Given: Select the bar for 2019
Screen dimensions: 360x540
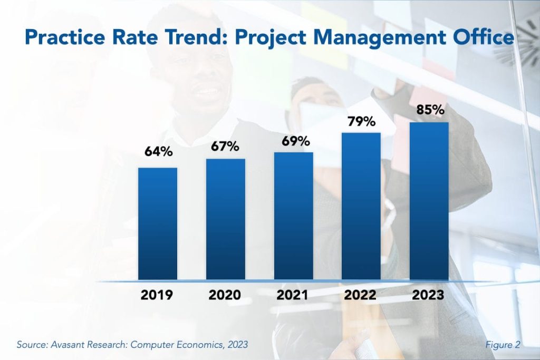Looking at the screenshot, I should [x=158, y=223].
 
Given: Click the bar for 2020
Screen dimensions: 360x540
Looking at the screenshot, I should [x=226, y=219].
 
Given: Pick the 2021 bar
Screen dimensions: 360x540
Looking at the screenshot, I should [x=293, y=216].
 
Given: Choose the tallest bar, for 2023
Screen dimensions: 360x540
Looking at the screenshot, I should [x=429, y=201].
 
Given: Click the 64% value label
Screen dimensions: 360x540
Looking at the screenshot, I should [x=158, y=152].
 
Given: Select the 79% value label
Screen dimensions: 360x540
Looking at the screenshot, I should [x=361, y=122].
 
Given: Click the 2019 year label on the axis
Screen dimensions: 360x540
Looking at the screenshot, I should [x=158, y=295].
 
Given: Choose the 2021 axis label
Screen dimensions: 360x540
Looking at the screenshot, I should [x=293, y=295].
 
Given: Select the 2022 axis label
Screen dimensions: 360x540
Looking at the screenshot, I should [x=361, y=295].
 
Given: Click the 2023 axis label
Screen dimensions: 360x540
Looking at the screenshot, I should [x=429, y=295].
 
